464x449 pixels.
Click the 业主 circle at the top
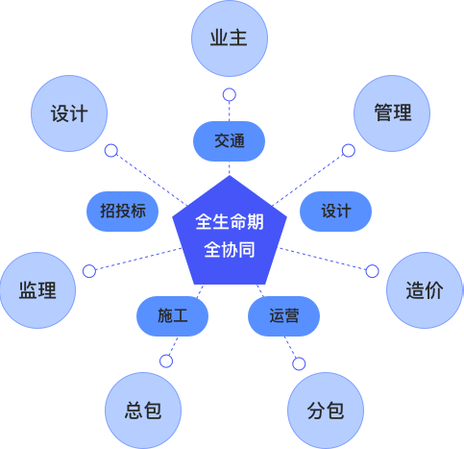(x=230, y=38)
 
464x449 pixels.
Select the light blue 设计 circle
(x=69, y=113)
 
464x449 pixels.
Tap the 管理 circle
(x=392, y=113)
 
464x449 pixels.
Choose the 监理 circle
(x=37, y=290)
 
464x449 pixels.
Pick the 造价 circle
(x=425, y=290)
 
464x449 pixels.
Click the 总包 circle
(x=143, y=411)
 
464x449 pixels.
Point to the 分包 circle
(x=326, y=411)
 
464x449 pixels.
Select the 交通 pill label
(x=229, y=141)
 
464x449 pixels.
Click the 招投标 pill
(x=123, y=212)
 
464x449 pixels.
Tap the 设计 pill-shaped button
(x=335, y=212)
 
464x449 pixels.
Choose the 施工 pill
(x=173, y=316)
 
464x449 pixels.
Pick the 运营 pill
(x=283, y=316)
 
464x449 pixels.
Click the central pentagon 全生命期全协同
(x=230, y=233)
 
